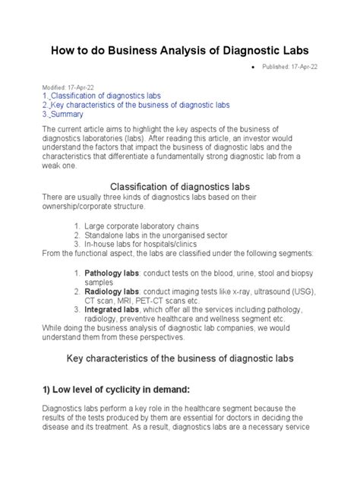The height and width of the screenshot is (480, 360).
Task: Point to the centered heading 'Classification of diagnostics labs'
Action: (180, 186)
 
